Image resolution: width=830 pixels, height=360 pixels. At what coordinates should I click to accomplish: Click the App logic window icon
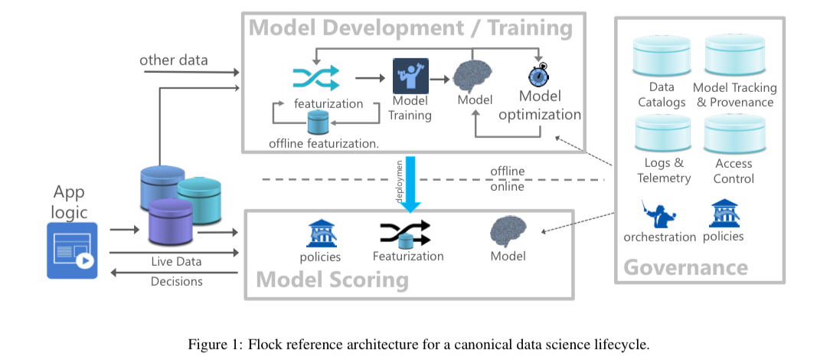point(72,250)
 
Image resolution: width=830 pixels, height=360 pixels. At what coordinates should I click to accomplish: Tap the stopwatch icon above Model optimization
point(539,75)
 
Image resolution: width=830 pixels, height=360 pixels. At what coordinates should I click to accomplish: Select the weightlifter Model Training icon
point(410,77)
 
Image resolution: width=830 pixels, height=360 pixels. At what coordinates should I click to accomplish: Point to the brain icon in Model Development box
point(472,76)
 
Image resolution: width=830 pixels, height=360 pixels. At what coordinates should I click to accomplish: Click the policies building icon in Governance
point(725,214)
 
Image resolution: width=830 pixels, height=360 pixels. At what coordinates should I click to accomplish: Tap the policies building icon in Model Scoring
point(322,234)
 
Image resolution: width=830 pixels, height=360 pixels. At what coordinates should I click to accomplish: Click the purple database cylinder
point(170,222)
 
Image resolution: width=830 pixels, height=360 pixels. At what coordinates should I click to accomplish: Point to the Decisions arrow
point(174,273)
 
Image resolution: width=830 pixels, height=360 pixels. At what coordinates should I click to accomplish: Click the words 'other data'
point(174,61)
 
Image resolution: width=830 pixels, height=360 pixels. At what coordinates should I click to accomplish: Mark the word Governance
point(685,267)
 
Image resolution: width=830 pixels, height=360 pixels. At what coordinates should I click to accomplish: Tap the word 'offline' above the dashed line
point(507,172)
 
